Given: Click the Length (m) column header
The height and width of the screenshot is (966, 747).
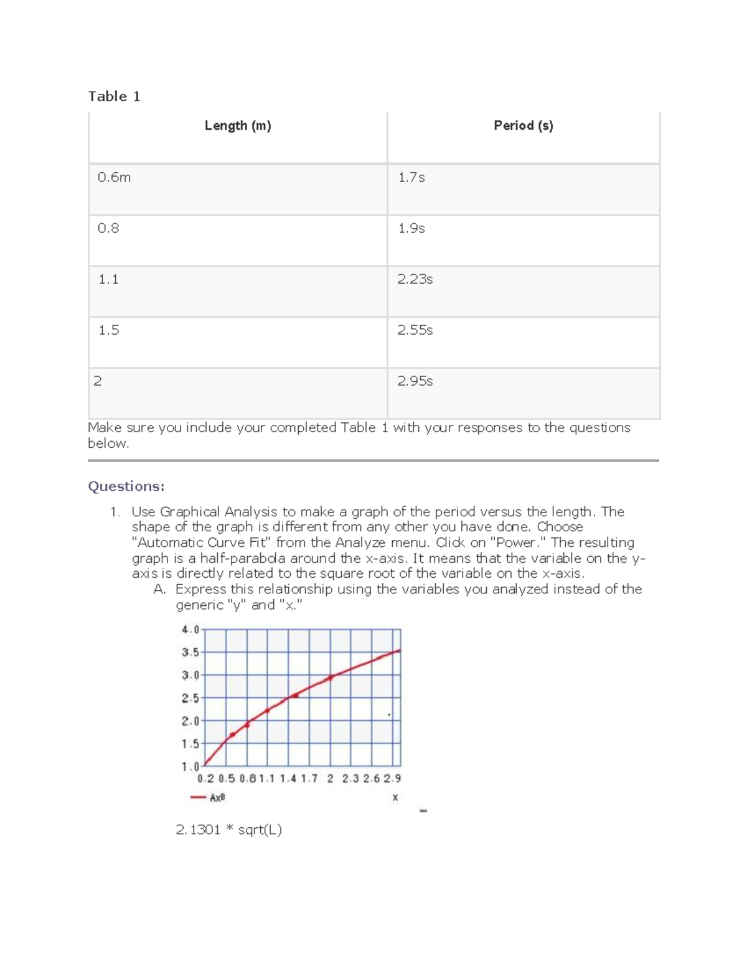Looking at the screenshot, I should pos(238,126).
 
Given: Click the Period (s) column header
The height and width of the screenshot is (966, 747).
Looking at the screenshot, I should pos(523,126).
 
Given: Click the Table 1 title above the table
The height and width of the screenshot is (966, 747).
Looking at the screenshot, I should pos(115,96).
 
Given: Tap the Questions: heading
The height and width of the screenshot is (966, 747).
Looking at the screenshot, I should pos(126,486).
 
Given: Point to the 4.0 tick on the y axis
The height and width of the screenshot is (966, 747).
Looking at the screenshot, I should pos(190,629).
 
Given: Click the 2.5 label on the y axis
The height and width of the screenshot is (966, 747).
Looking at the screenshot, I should pos(190,698).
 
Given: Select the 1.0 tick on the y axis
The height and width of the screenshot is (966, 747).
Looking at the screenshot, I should pos(190,766).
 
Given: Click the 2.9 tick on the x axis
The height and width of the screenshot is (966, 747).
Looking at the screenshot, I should pos(392,778).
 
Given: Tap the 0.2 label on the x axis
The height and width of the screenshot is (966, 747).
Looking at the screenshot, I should pos(205,778).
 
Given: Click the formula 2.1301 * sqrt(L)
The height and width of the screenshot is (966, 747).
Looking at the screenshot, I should pos(228,830).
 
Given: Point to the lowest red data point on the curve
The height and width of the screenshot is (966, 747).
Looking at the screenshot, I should pos(233,735).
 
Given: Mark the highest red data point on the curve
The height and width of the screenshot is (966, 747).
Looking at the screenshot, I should pos(331,677).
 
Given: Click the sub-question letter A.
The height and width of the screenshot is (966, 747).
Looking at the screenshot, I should pos(159,589).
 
